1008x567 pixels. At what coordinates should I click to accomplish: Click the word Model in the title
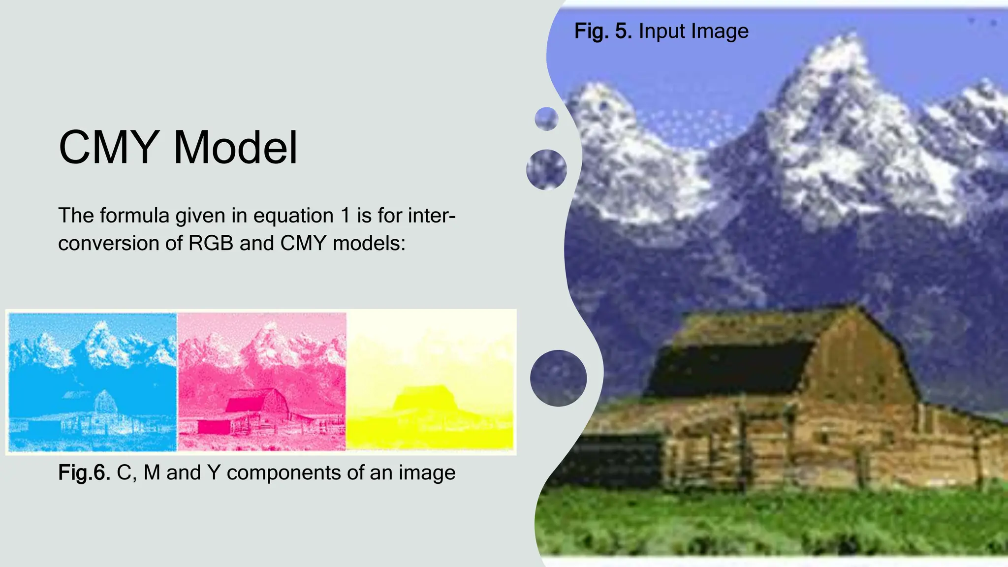[236, 148]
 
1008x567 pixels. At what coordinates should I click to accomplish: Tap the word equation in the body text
[293, 216]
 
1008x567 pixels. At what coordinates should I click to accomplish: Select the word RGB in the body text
[211, 243]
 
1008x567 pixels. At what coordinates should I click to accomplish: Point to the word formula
[134, 216]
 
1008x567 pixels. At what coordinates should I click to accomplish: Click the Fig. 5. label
[603, 31]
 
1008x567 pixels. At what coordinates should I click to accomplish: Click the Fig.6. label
[84, 472]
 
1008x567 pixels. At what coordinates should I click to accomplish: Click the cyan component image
[93, 381]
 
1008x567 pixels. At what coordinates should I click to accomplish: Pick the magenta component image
[262, 381]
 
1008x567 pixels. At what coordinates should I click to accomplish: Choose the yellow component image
[430, 381]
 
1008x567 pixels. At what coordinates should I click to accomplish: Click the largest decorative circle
[558, 378]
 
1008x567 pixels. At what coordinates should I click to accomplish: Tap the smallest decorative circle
[546, 119]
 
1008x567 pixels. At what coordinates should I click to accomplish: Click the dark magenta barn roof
[245, 404]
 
